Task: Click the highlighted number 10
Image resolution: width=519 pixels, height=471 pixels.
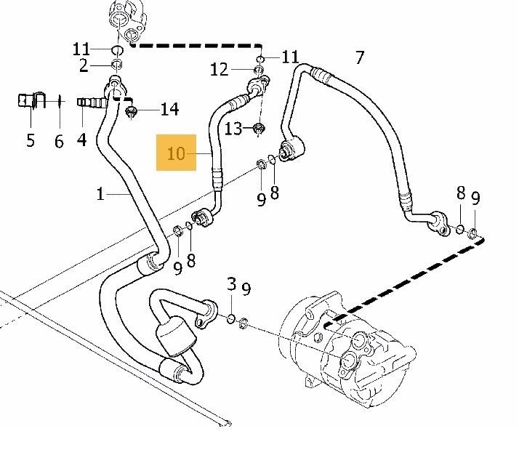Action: (x=176, y=154)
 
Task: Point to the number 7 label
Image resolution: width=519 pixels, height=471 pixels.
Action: (x=360, y=58)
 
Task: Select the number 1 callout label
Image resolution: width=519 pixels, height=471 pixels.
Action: (x=100, y=193)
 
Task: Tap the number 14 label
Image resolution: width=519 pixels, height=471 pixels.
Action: (x=170, y=109)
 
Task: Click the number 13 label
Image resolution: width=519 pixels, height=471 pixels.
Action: (x=233, y=129)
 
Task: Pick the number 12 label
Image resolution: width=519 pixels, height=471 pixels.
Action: (x=219, y=70)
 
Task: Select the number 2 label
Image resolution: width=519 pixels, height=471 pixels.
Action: (x=84, y=66)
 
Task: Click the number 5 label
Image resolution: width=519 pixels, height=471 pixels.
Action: (x=31, y=140)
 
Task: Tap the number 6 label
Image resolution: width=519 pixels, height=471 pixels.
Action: (x=59, y=141)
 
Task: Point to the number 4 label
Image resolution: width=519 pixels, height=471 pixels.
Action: (x=81, y=140)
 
